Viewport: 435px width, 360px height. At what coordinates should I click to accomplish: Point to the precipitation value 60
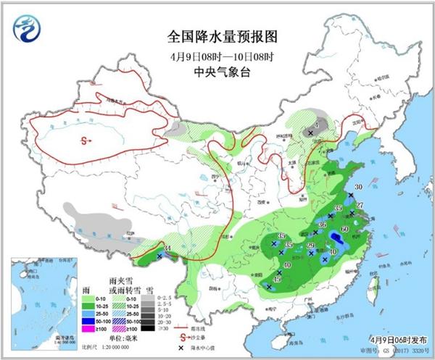[344, 230]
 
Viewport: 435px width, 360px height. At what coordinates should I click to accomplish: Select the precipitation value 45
[277, 280]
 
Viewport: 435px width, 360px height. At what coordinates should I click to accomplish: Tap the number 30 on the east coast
[358, 187]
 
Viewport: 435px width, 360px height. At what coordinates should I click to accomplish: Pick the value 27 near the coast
[360, 206]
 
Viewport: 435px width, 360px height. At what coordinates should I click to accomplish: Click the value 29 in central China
[310, 246]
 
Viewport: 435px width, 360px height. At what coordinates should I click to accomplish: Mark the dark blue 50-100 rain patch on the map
[336, 240]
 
